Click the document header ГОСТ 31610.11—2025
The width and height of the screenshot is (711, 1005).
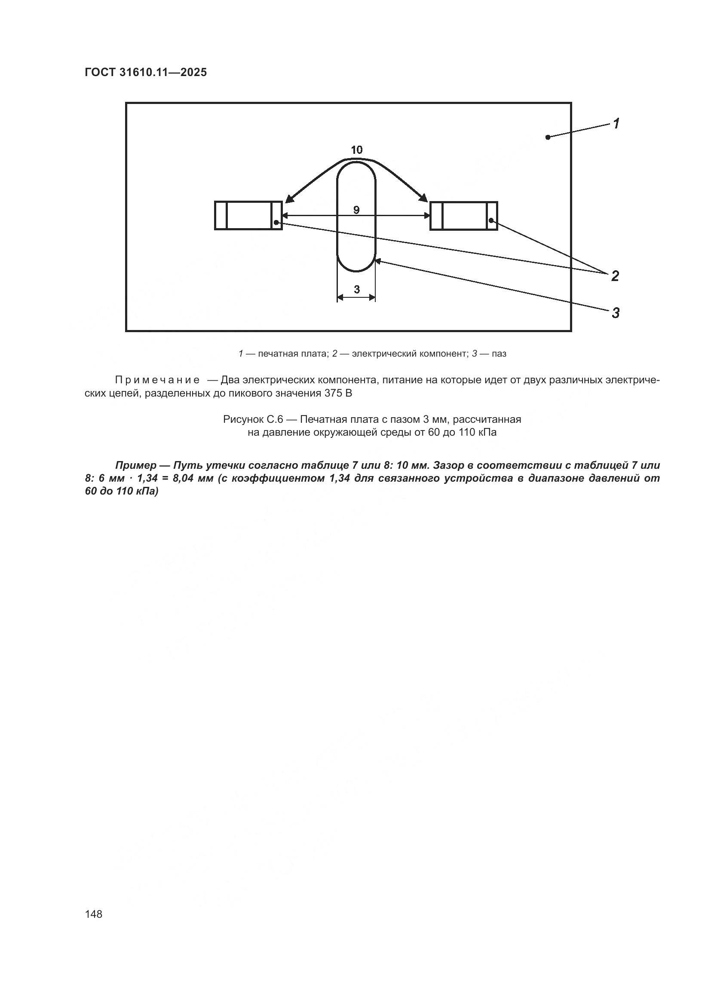[x=145, y=73]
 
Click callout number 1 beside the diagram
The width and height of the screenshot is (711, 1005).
[x=616, y=124]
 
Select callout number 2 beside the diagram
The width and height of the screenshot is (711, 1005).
[x=615, y=276]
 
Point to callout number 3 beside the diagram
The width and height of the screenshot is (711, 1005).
[x=616, y=313]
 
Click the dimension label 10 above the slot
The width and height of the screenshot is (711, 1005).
[x=357, y=150]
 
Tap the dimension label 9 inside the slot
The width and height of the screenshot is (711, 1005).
[x=356, y=210]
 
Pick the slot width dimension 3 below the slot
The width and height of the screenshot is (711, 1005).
[x=356, y=289]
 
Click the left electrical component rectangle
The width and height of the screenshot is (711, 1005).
[x=248, y=215]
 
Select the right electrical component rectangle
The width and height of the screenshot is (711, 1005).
[x=464, y=215]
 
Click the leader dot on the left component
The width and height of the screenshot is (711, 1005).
[x=276, y=223]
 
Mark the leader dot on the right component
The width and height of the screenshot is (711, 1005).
[x=492, y=220]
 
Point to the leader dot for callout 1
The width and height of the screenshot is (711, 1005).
[x=548, y=137]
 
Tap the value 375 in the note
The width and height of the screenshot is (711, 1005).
[x=334, y=393]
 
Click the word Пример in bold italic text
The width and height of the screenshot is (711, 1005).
[x=136, y=465]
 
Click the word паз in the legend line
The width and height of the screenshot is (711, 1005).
[x=499, y=354]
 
